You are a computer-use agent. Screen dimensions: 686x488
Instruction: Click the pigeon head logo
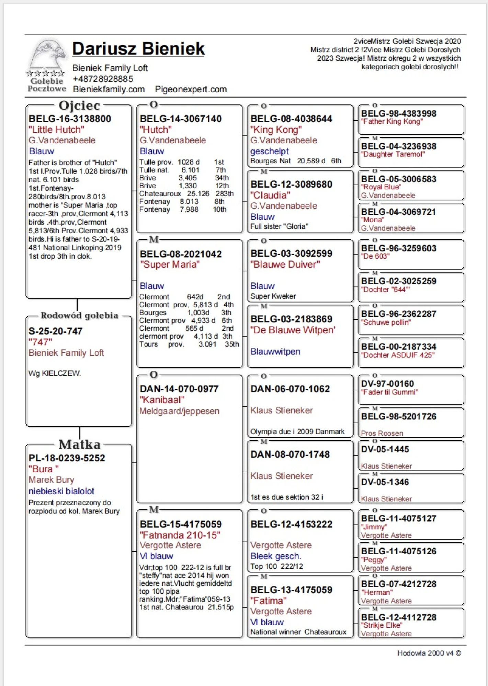coord(47,55)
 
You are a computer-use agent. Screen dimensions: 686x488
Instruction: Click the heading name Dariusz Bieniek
coord(138,49)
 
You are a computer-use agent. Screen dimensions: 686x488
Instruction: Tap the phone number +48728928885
coord(103,79)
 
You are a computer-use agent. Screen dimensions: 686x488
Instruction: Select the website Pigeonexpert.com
coord(191,90)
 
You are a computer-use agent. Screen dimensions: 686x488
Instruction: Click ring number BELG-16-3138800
coord(70,119)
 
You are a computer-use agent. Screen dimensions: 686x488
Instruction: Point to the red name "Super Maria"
coord(170,264)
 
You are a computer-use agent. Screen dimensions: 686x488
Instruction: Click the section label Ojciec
coord(79,105)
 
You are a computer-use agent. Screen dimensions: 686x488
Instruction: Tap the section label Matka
coord(79,445)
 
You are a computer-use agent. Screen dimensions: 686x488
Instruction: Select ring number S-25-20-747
coord(56,331)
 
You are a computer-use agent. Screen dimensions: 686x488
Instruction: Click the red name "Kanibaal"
coord(162,400)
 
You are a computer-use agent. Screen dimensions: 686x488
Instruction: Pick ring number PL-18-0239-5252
coord(67,458)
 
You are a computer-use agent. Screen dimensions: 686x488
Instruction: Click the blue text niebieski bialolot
coord(61,491)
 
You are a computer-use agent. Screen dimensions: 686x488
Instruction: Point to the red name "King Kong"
coord(276,130)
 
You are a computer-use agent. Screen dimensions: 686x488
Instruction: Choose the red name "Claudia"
coord(270,195)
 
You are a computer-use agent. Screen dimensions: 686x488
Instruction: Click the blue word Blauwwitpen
coord(275,352)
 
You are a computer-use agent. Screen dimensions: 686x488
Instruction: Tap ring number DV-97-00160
coord(387,383)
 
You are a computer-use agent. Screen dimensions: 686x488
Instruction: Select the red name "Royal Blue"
coord(381,187)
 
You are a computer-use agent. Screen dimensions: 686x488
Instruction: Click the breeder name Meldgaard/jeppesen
coord(179,411)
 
